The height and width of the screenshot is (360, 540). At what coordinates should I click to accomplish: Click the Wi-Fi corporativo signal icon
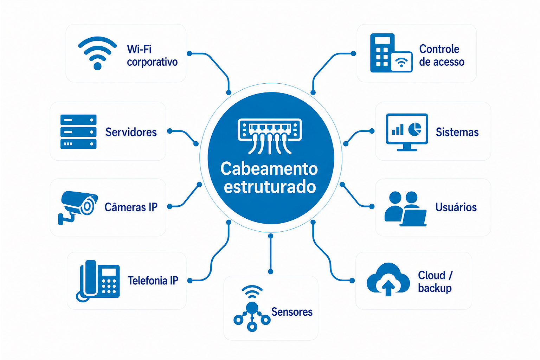[97, 53]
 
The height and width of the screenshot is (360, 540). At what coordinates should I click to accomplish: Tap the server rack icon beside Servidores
[78, 132]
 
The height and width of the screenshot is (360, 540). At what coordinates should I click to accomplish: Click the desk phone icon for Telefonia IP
[98, 281]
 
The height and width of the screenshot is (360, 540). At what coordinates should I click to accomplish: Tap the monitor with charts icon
[407, 131]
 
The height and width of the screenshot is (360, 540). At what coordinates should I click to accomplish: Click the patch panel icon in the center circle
[270, 135]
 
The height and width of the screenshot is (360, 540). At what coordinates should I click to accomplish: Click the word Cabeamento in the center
[269, 169]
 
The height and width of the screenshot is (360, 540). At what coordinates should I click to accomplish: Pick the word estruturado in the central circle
[270, 187]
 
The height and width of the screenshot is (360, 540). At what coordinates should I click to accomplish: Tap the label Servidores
[131, 132]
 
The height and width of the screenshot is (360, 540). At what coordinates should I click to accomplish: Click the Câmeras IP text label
[131, 207]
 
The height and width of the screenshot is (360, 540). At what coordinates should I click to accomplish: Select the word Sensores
[292, 312]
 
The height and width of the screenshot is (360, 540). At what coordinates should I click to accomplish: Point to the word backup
[435, 288]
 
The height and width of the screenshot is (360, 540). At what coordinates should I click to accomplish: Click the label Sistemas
[457, 132]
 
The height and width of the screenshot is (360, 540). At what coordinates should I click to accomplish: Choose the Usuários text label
[456, 207]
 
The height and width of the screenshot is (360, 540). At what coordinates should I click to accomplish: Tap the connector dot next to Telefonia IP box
[190, 281]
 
